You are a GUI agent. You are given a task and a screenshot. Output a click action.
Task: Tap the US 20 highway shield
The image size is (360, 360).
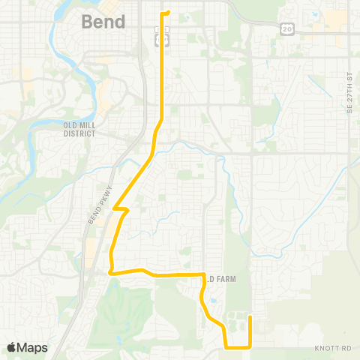288,28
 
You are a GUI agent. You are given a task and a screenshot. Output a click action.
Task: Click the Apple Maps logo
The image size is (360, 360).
27,347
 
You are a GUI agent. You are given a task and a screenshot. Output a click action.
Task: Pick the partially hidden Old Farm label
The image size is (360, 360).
221,279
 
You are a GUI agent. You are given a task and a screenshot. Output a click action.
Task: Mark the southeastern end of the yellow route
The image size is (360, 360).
250,317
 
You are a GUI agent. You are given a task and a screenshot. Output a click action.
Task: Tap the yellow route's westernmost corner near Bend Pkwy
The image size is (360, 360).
110,273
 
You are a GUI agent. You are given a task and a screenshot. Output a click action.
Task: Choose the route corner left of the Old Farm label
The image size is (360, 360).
204,275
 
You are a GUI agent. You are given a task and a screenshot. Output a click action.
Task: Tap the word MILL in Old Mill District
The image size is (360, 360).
80,124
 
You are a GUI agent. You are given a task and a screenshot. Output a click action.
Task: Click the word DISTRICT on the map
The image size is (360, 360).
79,133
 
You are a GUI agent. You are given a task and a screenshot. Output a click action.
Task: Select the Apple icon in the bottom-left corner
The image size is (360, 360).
11,347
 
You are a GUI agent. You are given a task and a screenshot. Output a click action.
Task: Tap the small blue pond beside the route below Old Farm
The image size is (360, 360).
214,301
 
